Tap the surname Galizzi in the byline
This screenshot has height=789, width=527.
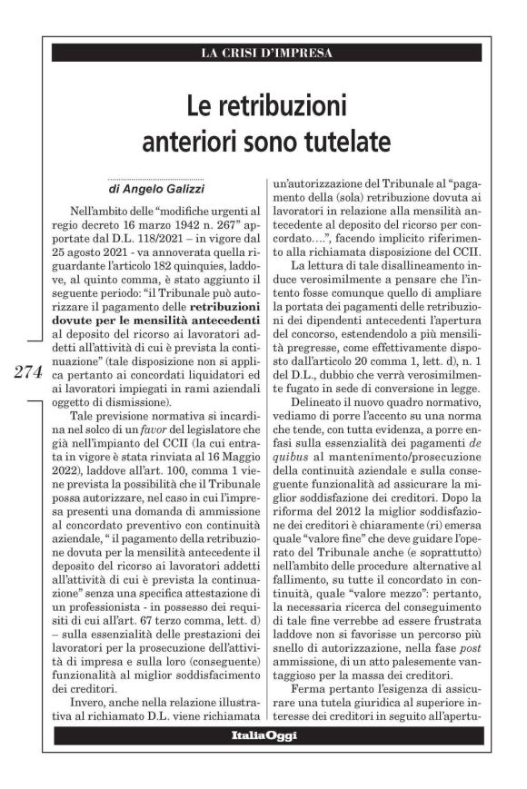click(179, 191)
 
